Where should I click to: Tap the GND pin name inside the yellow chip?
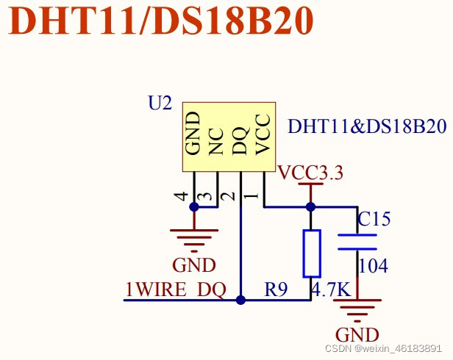pyautogui.click(x=193, y=133)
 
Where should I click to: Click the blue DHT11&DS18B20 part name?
pyautogui.click(x=367, y=126)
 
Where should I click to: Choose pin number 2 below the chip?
pyautogui.click(x=229, y=196)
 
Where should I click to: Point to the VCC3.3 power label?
pyautogui.click(x=310, y=173)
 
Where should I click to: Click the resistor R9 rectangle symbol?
pyautogui.click(x=312, y=253)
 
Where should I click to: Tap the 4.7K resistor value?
pyautogui.click(x=331, y=290)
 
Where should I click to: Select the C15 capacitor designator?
pyautogui.click(x=374, y=219)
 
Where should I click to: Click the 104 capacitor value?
pyautogui.click(x=373, y=266)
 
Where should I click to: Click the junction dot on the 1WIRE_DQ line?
pyautogui.click(x=240, y=300)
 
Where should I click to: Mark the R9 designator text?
pyautogui.click(x=275, y=290)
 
